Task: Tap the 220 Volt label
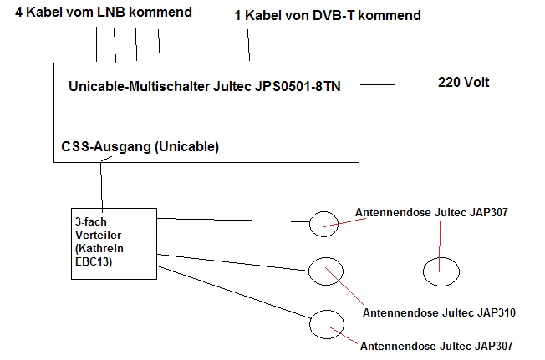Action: click(x=463, y=82)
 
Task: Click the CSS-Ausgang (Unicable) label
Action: click(x=140, y=146)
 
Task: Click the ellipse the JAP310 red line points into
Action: click(x=326, y=271)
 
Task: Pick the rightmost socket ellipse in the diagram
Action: click(x=441, y=271)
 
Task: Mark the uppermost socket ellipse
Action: click(x=326, y=222)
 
